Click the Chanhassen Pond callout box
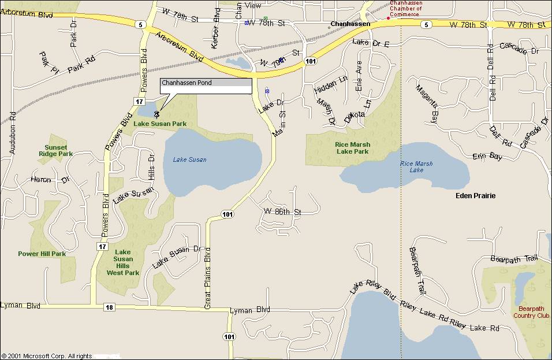pos(206,86)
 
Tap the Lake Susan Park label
pos(160,124)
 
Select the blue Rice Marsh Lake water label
pos(416,167)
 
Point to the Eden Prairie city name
pos(475,196)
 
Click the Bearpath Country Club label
pos(531,312)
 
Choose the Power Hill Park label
pos(42,254)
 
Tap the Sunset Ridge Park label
pos(55,151)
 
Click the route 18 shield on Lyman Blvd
pos(109,307)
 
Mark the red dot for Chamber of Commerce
pos(388,18)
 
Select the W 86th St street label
pos(282,212)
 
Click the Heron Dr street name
pos(50,180)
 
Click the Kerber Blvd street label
pos(217,28)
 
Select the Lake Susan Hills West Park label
pos(122,262)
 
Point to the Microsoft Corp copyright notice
pos(47,356)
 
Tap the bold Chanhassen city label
pos(350,24)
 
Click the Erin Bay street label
pos(487,157)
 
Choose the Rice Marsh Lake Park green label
pos(352,148)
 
